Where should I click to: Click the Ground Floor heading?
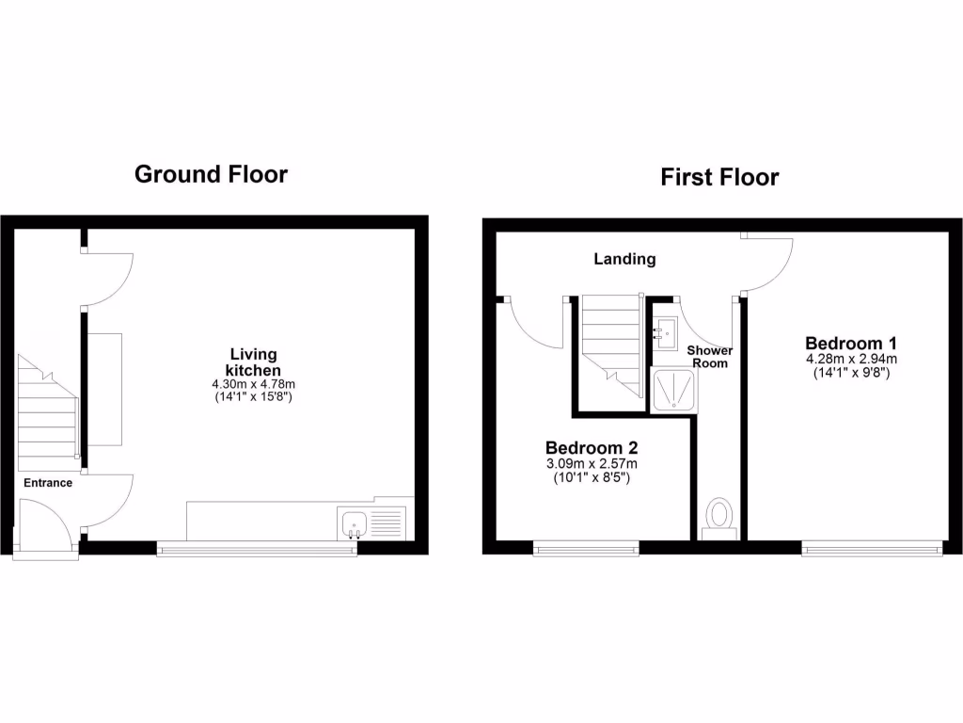(211, 174)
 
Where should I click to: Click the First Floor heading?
(719, 177)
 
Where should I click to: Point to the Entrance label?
(48, 483)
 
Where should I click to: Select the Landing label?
(624, 259)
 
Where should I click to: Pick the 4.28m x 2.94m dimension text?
(851, 359)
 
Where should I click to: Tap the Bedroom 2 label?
(585, 447)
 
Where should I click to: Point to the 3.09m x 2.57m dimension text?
(592, 463)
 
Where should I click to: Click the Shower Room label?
(710, 356)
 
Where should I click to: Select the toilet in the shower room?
(720, 517)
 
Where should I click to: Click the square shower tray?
(674, 391)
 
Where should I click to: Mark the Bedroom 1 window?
(871, 547)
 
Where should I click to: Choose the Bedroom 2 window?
(586, 547)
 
